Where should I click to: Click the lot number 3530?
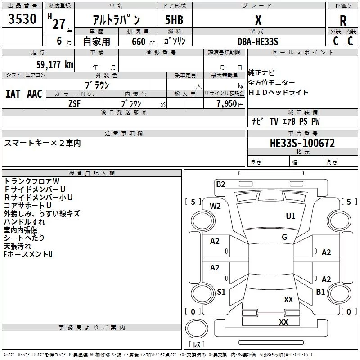click(x=22, y=18)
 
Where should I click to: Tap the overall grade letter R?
click(x=343, y=21)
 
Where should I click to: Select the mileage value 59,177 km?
click(x=55, y=64)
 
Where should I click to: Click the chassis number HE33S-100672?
click(x=302, y=143)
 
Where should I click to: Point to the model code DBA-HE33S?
click(x=258, y=41)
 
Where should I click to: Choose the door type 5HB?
click(x=174, y=20)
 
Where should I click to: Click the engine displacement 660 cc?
click(x=143, y=41)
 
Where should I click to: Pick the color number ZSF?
click(x=74, y=104)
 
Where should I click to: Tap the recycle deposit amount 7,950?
click(x=227, y=104)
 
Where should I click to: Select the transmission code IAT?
click(x=13, y=94)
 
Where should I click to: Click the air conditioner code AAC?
click(x=35, y=94)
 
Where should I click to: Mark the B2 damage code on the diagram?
click(x=220, y=184)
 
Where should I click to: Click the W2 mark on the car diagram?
click(x=215, y=206)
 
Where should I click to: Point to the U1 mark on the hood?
click(x=291, y=216)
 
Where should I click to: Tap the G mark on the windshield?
click(x=284, y=237)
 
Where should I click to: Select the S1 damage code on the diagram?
click(x=221, y=292)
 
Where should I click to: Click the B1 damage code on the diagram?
click(x=320, y=292)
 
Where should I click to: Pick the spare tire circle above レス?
click(x=197, y=328)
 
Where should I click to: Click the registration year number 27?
click(x=59, y=24)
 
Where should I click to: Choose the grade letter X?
click(x=258, y=20)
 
